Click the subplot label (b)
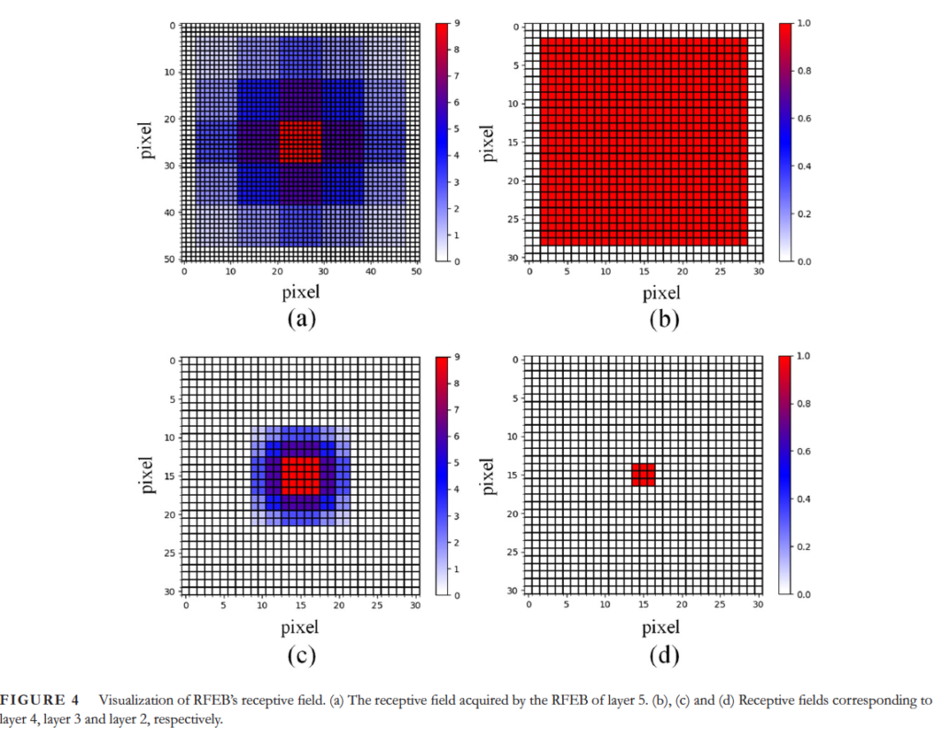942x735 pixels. pyautogui.click(x=661, y=319)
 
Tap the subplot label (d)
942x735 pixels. pyautogui.click(x=661, y=654)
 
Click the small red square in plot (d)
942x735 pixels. pyautogui.click(x=643, y=474)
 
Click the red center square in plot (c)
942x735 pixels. pyautogui.click(x=300, y=475)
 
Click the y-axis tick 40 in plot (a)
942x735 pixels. pyautogui.click(x=171, y=212)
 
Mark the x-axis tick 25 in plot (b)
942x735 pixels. pyautogui.click(x=720, y=271)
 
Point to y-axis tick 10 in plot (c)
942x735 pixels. pyautogui.click(x=171, y=437)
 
